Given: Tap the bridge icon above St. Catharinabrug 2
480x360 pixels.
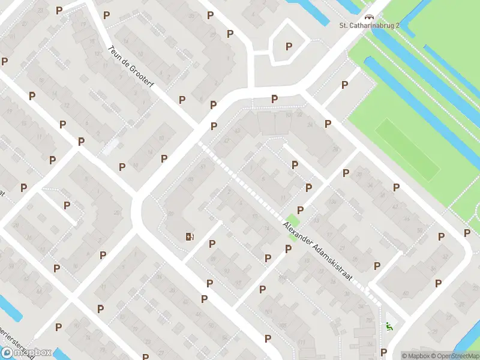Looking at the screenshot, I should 368,17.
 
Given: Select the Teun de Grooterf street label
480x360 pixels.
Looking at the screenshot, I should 131,67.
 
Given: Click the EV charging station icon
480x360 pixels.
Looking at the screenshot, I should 190,236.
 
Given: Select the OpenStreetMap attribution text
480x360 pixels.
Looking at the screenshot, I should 455,356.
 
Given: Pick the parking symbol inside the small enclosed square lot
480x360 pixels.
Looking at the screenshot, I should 289,46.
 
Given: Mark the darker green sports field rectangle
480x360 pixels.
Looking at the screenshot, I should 408,149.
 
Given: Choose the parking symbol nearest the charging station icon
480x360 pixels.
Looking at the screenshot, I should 212,244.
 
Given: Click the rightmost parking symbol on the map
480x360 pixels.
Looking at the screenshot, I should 467,233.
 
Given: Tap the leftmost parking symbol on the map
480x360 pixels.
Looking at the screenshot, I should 5,61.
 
